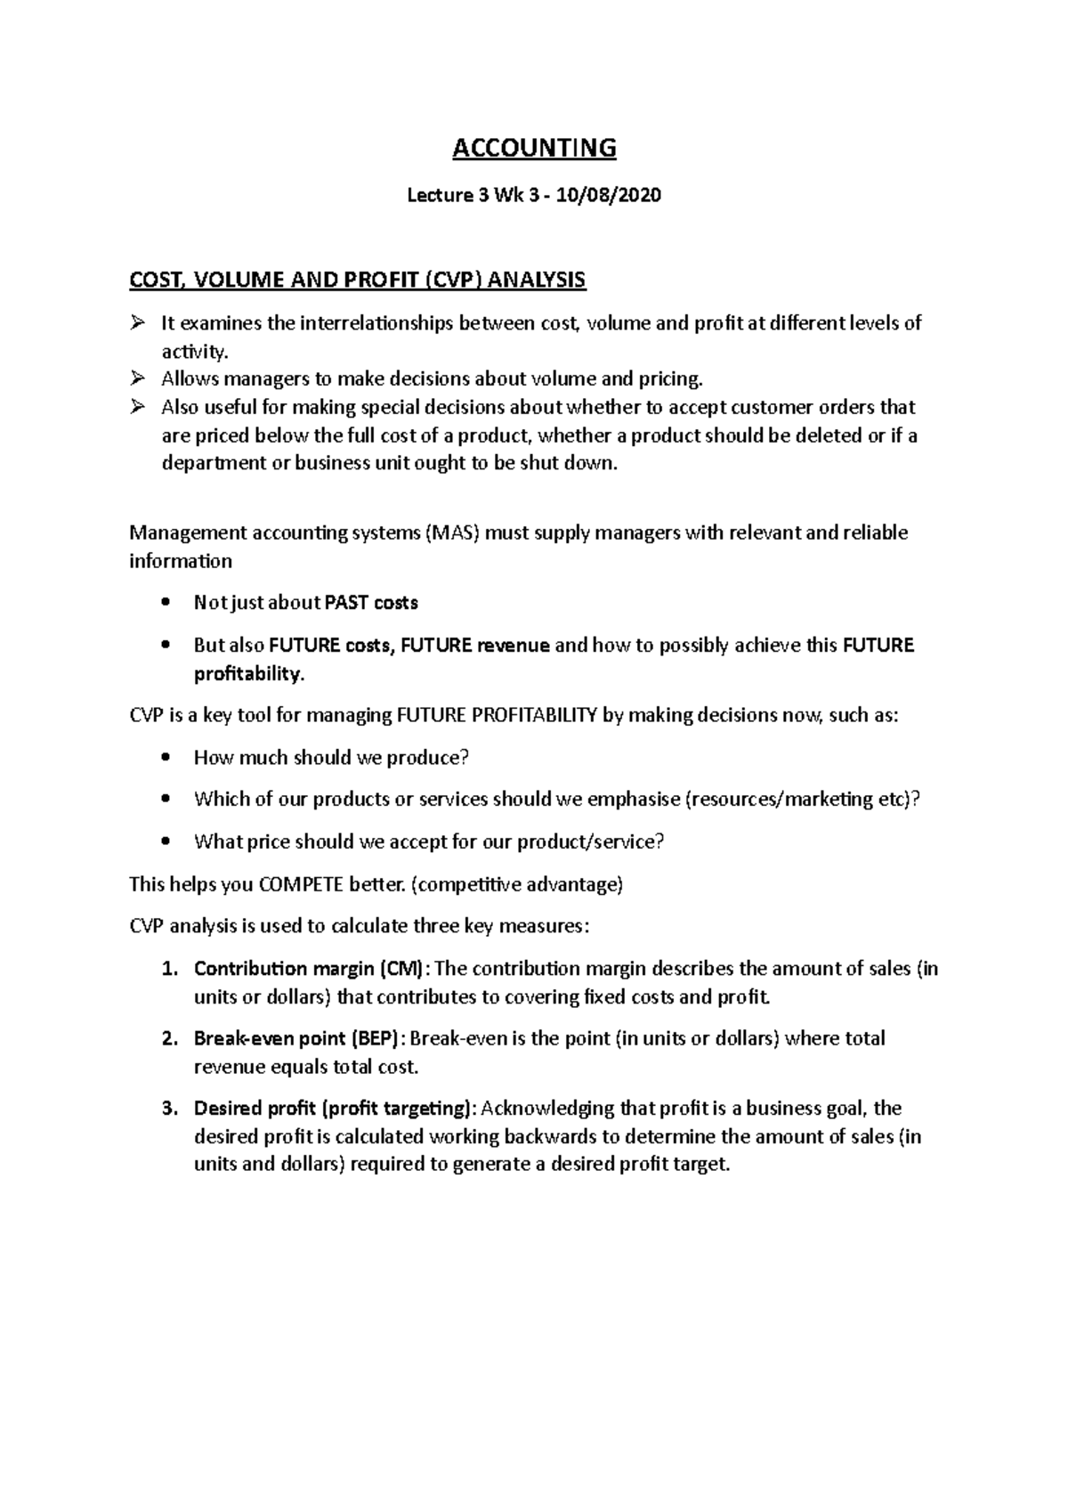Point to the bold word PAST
pos(347,603)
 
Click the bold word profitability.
pos(248,674)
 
